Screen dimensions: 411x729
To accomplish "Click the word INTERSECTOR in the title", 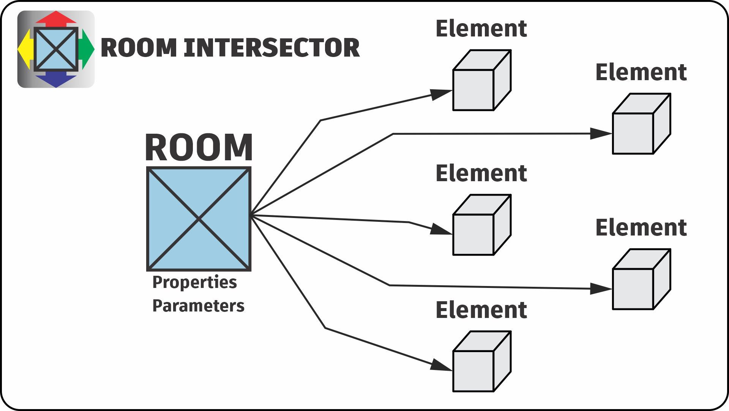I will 271,48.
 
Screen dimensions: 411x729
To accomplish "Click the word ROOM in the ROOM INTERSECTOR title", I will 139,48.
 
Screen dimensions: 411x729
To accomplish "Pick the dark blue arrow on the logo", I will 56,80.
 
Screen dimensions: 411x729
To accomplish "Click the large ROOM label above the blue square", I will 199,147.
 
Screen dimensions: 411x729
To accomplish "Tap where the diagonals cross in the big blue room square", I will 199,219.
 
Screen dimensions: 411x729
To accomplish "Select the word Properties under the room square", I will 194,282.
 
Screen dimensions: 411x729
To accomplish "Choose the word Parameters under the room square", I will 198,306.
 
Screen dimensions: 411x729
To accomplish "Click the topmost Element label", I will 481,29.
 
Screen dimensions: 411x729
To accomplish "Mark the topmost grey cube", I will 481,81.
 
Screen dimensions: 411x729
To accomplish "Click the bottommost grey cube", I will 481,362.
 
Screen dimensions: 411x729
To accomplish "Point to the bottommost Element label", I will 481,310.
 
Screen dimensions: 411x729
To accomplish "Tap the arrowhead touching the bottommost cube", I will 441,365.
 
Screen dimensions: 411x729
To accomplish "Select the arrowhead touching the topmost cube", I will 441,94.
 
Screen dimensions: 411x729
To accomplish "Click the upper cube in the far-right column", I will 641,124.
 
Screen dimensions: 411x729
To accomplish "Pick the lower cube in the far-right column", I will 641,280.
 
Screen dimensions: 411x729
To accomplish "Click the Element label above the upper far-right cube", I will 641,72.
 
